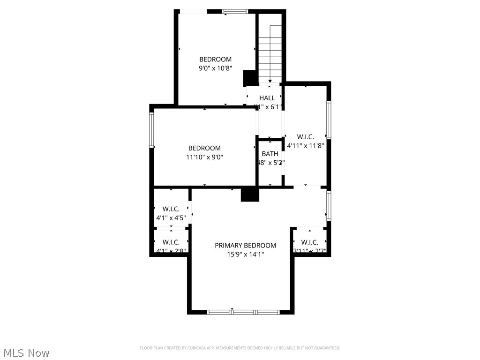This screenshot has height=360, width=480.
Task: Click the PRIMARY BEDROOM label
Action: [245, 245]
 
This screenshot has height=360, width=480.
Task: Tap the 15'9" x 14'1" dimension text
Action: [245, 255]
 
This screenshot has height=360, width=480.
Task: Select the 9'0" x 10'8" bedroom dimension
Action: [215, 68]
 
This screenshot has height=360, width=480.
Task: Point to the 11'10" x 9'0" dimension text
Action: [204, 157]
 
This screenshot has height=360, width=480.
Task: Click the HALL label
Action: [267, 98]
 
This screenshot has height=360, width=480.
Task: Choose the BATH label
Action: [270, 154]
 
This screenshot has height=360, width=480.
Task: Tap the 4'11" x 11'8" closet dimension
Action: [305, 145]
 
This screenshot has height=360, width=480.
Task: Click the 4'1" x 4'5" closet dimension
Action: [171, 218]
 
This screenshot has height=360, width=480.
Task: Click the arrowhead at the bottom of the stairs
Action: [270, 82]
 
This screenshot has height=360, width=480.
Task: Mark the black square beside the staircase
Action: [249, 77]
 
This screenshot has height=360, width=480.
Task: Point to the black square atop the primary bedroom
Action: [250, 194]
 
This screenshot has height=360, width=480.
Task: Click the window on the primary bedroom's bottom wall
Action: [243, 312]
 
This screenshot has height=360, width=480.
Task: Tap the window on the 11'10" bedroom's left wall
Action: [152, 130]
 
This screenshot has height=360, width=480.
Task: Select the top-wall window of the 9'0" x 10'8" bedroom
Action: [235, 11]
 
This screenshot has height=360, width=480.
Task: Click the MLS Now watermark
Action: [26, 352]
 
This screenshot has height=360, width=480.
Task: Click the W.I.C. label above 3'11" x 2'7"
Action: [309, 242]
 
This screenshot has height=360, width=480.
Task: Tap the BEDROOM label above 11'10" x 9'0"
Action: [204, 148]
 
